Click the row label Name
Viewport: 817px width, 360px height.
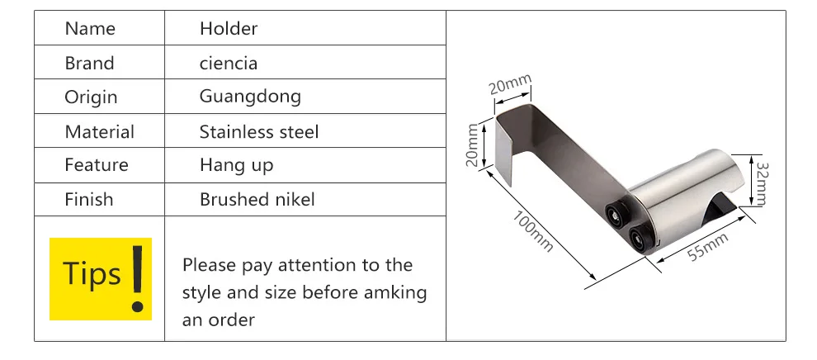(x=90, y=29)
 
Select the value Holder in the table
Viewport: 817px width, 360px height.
(x=229, y=29)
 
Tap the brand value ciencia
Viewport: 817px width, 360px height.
(x=229, y=63)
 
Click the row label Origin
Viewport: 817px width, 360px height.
(x=91, y=97)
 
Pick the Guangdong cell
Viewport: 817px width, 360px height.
(x=250, y=97)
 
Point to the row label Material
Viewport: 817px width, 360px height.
(x=100, y=131)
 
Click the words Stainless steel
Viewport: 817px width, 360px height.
(x=259, y=131)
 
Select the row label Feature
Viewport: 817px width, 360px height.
(x=97, y=165)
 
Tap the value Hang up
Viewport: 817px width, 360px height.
(x=236, y=166)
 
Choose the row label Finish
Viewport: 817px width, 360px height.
(x=88, y=199)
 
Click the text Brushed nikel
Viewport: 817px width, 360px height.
(x=257, y=199)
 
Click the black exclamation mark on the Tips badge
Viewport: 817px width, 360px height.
(x=138, y=279)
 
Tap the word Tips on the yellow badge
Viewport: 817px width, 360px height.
(x=92, y=273)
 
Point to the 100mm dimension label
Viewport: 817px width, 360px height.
(x=532, y=231)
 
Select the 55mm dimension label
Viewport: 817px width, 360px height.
(x=707, y=248)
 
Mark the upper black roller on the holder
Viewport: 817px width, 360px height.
(x=616, y=215)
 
